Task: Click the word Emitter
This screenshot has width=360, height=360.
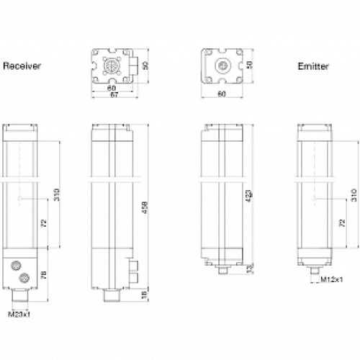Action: pyautogui.click(x=313, y=66)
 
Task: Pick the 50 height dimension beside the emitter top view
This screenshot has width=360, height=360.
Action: pyautogui.click(x=250, y=64)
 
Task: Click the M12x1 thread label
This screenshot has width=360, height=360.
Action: pyautogui.click(x=330, y=279)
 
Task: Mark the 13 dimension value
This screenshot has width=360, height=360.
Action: pyautogui.click(x=249, y=269)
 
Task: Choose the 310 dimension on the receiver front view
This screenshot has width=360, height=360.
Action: pyautogui.click(x=57, y=195)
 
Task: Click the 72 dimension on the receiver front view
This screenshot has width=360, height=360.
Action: pyautogui.click(x=46, y=224)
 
